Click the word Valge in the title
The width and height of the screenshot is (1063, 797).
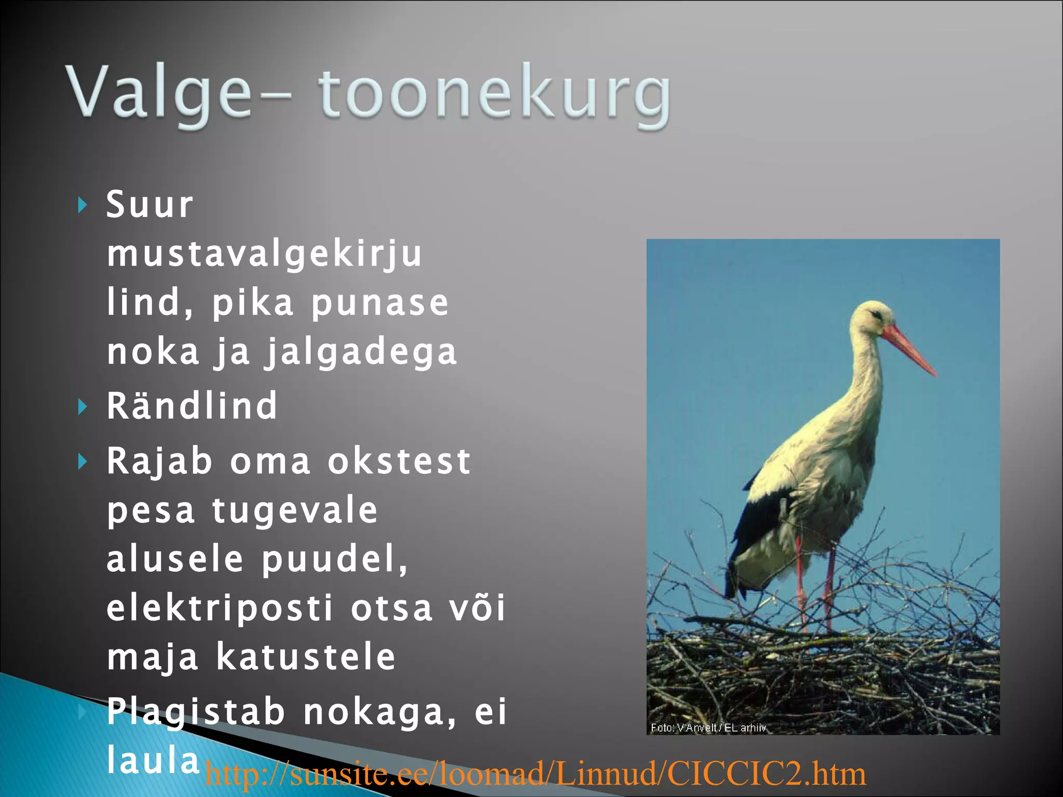coord(158,93)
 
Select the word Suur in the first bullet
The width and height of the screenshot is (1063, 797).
coord(149,204)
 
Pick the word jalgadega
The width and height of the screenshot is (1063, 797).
coord(361,352)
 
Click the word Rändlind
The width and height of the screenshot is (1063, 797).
coord(192,406)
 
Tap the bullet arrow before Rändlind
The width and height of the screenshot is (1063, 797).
coord(82,407)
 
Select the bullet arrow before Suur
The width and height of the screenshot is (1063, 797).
coord(82,205)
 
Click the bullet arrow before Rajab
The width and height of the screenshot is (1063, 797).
coord(82,461)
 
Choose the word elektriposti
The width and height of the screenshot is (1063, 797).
coord(219,608)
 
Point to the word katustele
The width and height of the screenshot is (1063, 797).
coord(306,657)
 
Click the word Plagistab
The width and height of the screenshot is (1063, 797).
coord(196,711)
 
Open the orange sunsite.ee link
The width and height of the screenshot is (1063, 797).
coord(535,774)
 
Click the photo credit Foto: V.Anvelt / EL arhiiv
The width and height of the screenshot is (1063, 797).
coord(708,728)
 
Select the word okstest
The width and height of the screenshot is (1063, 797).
coord(399,461)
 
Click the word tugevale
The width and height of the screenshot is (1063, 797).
coord(295,510)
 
